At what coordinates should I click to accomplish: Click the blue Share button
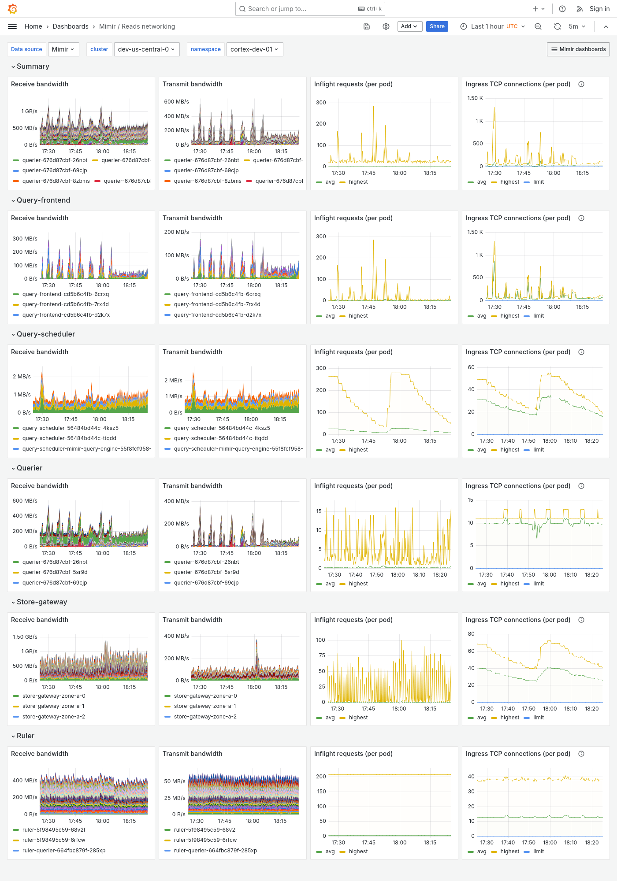pyautogui.click(x=437, y=26)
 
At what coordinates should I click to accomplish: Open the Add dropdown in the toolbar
pyautogui.click(x=409, y=26)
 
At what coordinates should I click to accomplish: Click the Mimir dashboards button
pyautogui.click(x=578, y=49)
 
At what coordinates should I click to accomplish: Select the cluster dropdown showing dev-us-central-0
pyautogui.click(x=146, y=49)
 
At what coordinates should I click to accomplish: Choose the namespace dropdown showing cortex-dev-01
pyautogui.click(x=254, y=49)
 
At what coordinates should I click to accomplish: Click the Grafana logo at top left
pyautogui.click(x=13, y=9)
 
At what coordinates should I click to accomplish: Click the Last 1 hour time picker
pyautogui.click(x=493, y=26)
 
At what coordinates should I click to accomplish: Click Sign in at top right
pyautogui.click(x=599, y=9)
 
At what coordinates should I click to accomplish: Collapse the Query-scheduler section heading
pyautogui.click(x=45, y=334)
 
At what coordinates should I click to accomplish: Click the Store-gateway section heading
pyautogui.click(x=42, y=602)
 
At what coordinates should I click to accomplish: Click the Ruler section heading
pyautogui.click(x=25, y=736)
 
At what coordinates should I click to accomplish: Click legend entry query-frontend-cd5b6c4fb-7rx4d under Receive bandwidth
pyautogui.click(x=65, y=304)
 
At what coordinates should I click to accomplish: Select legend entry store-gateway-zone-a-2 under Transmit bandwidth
pyautogui.click(x=205, y=717)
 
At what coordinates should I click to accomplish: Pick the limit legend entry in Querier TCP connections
pyautogui.click(x=538, y=584)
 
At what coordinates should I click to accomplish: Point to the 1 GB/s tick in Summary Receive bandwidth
pyautogui.click(x=29, y=111)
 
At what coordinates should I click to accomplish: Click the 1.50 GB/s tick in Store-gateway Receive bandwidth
pyautogui.click(x=25, y=637)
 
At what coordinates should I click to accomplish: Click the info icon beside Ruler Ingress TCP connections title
pyautogui.click(x=581, y=754)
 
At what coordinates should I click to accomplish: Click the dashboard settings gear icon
pyautogui.click(x=386, y=26)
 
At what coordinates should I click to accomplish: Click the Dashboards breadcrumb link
pyautogui.click(x=71, y=26)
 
